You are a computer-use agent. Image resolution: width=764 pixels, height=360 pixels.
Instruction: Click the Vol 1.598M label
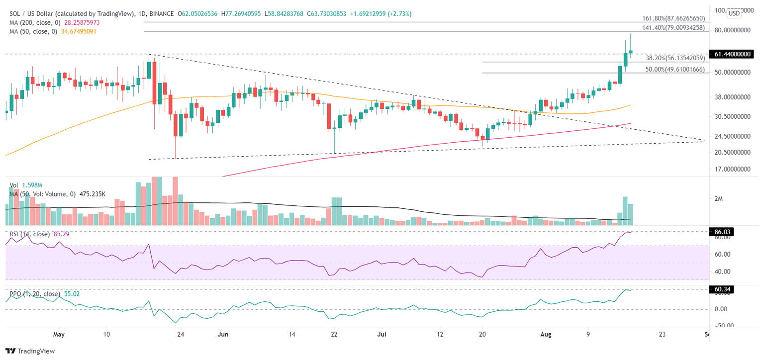(26, 184)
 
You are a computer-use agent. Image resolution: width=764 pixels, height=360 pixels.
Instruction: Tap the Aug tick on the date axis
(545, 334)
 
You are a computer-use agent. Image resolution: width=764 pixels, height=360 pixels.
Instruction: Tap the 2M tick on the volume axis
(718, 199)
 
